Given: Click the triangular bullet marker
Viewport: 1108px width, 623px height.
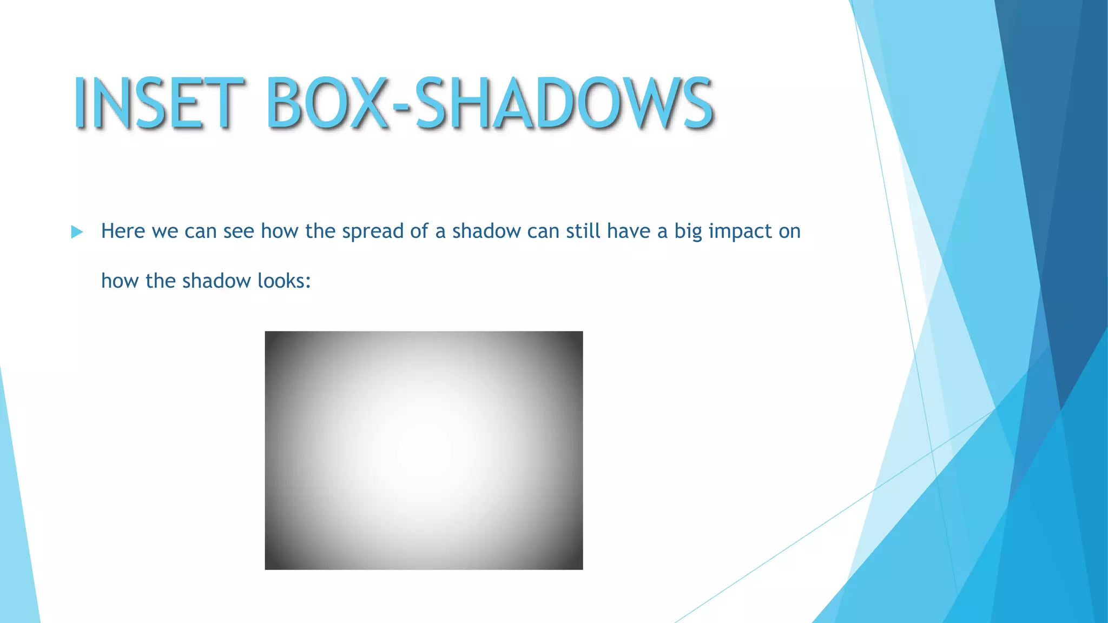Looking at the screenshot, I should [x=77, y=233].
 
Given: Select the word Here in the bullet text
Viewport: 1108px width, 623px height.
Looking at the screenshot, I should [x=123, y=231].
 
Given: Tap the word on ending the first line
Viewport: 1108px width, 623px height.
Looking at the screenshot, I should [x=789, y=231].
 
